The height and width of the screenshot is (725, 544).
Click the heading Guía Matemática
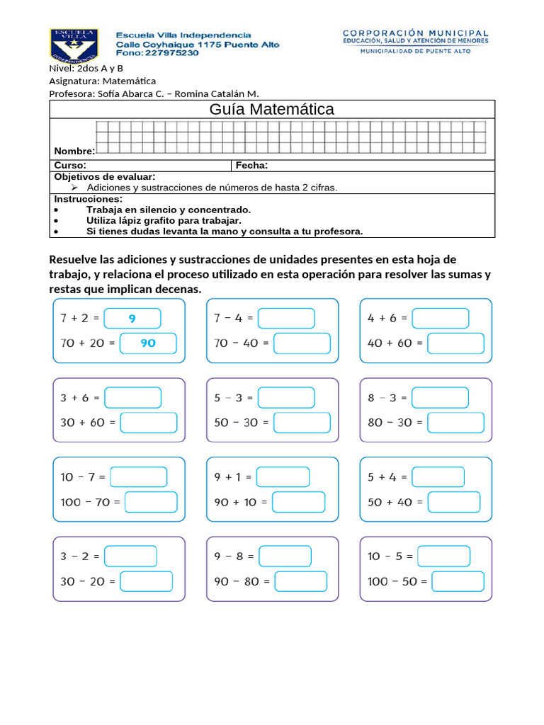pos(272,109)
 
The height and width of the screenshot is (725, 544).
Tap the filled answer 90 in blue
pos(148,343)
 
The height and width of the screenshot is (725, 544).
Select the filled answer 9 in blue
pos(132,319)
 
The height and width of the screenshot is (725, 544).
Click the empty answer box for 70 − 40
pos(302,343)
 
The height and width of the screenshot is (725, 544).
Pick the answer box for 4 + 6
pos(440,319)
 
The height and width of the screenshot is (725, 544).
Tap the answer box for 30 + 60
pos(148,423)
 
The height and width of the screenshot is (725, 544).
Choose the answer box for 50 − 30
pos(302,423)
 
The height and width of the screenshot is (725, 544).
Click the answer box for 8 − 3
pos(440,398)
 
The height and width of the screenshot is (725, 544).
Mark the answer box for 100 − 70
pos(151,502)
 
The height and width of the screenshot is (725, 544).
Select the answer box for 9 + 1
pos(283,477)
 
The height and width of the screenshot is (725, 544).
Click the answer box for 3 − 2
pos(130,556)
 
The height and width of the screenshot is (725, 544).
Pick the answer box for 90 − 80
pos(301,581)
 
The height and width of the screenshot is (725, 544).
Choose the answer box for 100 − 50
pos(458,581)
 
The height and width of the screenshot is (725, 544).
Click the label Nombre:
pos(74,152)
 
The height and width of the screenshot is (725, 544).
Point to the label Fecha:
pos(251,166)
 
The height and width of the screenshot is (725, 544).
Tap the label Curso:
pos(70,166)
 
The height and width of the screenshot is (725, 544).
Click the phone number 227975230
pos(171,53)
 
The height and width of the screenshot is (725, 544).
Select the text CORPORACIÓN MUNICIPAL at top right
pos(415,33)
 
